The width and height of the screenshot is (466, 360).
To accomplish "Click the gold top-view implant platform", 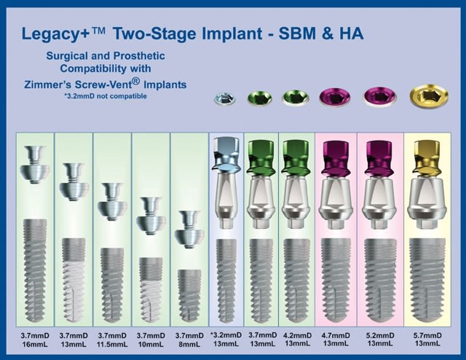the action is pyautogui.click(x=429, y=96).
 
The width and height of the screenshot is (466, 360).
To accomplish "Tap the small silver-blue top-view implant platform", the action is pyautogui.click(x=225, y=98).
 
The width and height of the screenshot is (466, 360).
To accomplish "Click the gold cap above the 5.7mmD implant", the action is pyautogui.click(x=427, y=157).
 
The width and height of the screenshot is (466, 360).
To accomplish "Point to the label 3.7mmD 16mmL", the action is pyautogui.click(x=35, y=340).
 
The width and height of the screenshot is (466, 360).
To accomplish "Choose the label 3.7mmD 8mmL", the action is pyautogui.click(x=189, y=340).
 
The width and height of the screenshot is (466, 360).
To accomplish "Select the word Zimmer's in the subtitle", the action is pyautogui.click(x=47, y=85).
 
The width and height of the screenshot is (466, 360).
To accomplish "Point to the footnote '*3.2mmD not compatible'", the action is pyautogui.click(x=106, y=96).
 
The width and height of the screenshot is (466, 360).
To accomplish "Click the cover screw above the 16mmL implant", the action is pyautogui.click(x=35, y=164).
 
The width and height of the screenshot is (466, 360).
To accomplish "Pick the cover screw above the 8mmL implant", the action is pyautogui.click(x=189, y=230).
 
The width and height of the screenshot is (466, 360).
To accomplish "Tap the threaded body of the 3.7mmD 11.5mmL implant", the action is pyautogui.click(x=112, y=286).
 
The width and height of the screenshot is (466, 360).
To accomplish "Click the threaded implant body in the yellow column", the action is pyautogui.click(x=427, y=281).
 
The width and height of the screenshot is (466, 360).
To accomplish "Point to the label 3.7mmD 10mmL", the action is pyautogui.click(x=151, y=340).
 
